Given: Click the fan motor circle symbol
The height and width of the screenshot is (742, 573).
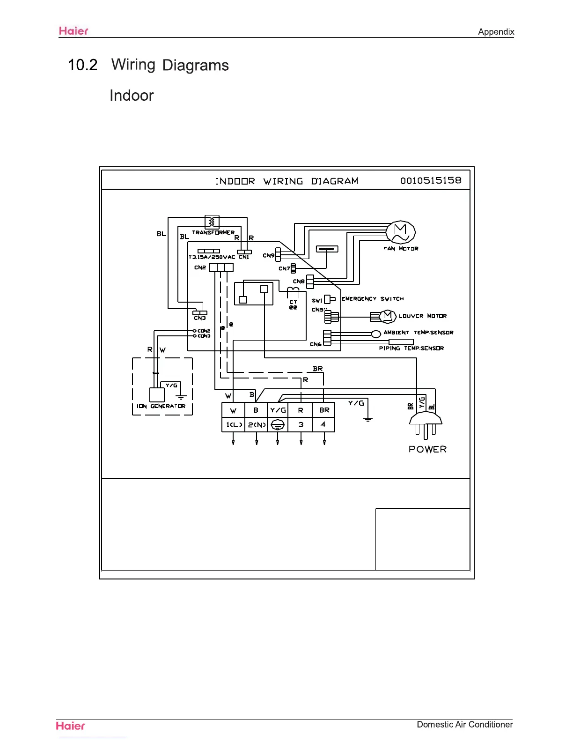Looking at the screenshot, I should pos(401,232).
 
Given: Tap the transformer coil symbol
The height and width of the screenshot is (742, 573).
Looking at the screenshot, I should pos(212,222).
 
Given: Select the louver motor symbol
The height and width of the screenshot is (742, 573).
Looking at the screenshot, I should pos(388,316).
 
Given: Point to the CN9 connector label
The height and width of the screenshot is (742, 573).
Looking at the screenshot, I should pos(268,256).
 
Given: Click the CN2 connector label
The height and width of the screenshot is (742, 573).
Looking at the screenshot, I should pos(200,267).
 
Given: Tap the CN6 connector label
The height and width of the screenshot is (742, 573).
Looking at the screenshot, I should pos(316,344).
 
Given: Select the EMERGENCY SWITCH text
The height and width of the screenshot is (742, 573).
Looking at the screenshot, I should pos(373,299).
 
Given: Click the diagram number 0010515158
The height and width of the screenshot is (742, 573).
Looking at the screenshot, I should pos(431,181).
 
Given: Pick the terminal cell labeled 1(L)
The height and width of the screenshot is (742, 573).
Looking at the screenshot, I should pos(233,424).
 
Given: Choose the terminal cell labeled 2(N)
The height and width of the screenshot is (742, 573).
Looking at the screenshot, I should pos(256,424).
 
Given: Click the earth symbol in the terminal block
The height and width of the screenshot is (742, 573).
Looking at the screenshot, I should pos(278,424).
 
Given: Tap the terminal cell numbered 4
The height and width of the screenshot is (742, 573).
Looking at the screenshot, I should pos(323,424).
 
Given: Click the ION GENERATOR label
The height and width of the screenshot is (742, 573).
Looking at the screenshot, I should pos(161,406).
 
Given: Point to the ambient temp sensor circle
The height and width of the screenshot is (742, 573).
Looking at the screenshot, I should pos(376,334).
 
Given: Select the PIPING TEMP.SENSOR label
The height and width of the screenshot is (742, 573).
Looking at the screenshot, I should pos(411,348).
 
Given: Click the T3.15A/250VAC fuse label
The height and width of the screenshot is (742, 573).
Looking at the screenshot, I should pos(212,257).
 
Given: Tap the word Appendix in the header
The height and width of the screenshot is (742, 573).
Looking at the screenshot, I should pos(496,32).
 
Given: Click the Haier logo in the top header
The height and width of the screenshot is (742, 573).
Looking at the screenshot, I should pos(73,31).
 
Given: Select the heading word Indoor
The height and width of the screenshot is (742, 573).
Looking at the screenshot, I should pos(132,96).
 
